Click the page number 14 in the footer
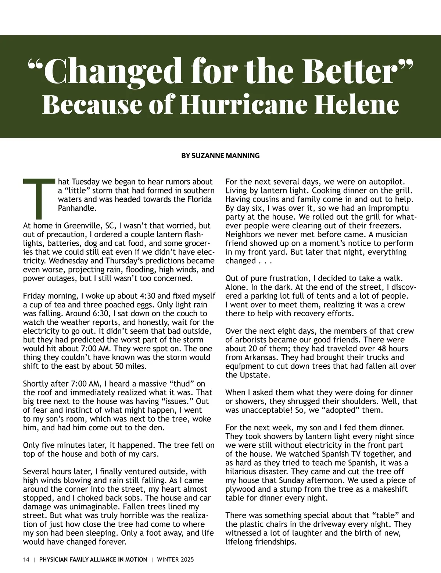click(26, 559)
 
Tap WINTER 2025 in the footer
click(175, 559)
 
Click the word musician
click(387, 235)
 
